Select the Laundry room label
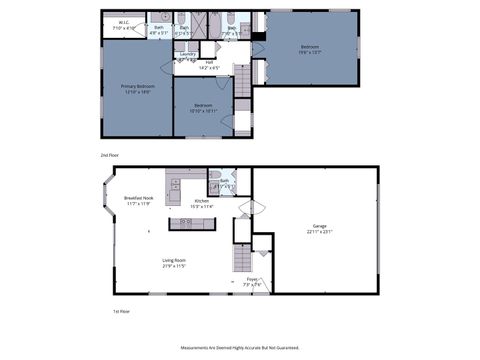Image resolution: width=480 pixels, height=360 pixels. pos(188,53)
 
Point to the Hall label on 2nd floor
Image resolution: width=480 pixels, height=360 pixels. pos(210,62)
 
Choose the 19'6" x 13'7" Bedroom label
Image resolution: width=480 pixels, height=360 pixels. pos(310,46)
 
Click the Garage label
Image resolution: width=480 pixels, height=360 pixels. pos(320,226)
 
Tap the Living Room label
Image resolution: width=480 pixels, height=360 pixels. pos(174,260)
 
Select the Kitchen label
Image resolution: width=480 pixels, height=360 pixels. pos(201,202)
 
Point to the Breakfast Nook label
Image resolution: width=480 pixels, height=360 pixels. pos(139,198)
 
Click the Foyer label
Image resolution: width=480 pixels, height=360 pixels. pos(252,279)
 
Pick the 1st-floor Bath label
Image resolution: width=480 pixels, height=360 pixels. pos(225,181)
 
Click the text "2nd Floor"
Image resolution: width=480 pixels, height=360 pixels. pos(110,156)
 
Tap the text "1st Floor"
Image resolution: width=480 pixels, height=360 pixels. pos(122,311)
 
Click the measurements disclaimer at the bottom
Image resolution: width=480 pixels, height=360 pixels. pos(240,348)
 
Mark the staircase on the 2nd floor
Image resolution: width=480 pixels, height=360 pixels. pos(241,81)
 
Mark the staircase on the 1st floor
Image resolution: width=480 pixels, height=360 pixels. pos(240,262)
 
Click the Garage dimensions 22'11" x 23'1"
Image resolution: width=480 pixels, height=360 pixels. pos(320,232)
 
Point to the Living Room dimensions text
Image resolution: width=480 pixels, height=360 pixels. pos(174,266)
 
